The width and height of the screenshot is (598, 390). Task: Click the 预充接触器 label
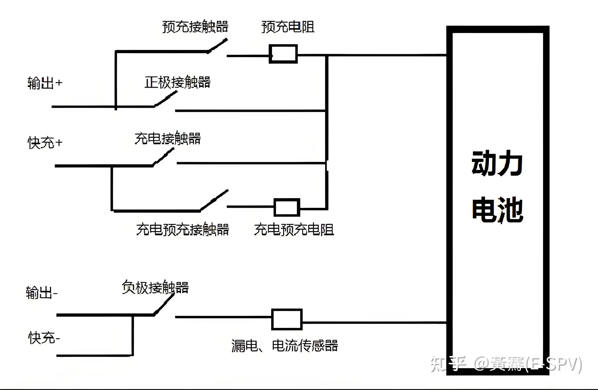coord(195,27)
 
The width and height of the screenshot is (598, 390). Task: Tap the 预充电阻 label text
coord(288,27)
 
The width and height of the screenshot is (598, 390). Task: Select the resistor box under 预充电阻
coord(283,54)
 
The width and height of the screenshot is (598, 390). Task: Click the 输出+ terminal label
coord(45,83)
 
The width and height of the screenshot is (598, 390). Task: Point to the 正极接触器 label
coord(177,82)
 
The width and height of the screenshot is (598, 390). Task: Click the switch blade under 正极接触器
coord(166,99)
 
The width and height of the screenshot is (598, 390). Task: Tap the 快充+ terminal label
coord(45,143)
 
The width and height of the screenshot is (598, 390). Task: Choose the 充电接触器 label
coord(168,138)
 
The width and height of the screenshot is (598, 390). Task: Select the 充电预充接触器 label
coord(182,229)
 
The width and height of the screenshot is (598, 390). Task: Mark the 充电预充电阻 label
coord(294,229)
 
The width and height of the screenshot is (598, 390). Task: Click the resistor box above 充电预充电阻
coord(287,207)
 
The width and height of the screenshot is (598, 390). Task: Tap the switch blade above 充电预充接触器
coord(214,200)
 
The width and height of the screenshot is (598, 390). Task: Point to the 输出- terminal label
coord(42,293)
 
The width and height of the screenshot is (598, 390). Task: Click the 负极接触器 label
coord(155,287)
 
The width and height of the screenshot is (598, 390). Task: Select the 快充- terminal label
coord(44,338)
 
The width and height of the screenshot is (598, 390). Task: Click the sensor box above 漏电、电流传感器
coord(287,319)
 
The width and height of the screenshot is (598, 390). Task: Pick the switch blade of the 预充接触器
coord(217,46)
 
